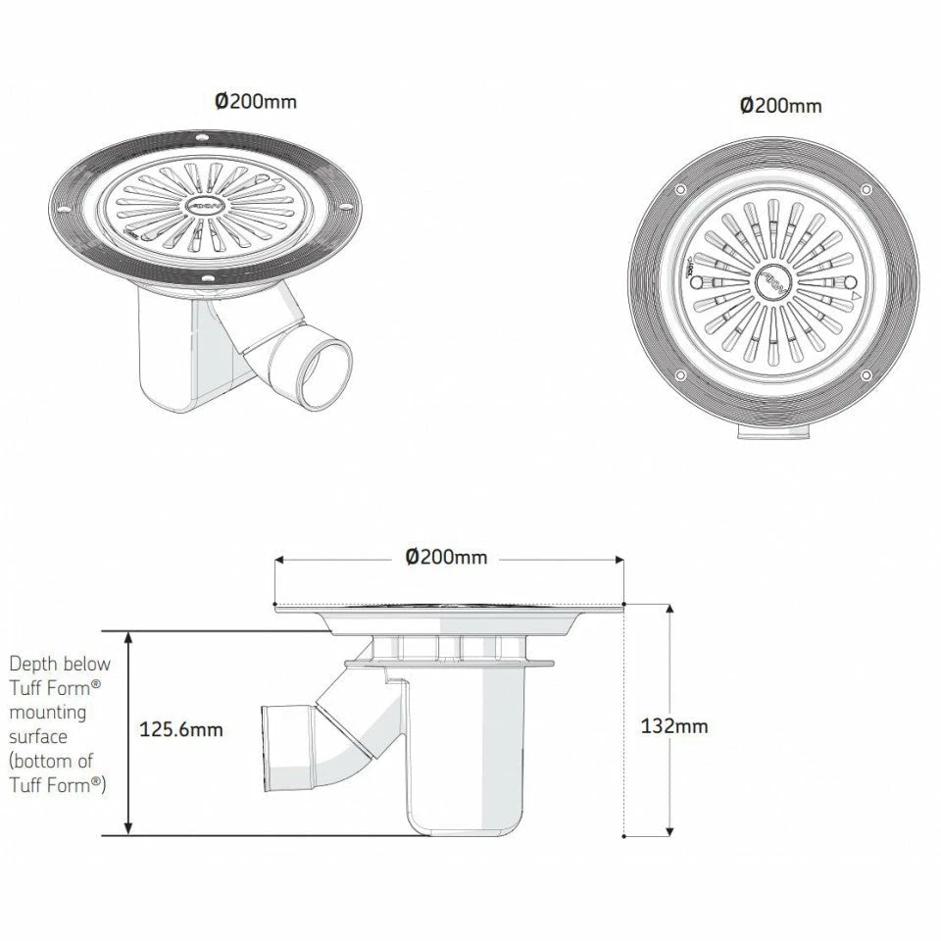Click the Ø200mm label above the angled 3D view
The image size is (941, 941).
tap(256, 101)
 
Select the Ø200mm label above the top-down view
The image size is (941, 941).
tap(780, 105)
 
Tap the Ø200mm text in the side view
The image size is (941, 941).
tap(446, 557)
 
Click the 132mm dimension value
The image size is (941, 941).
tap(673, 726)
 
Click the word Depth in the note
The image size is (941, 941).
tap(32, 665)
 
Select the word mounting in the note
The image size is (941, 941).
tap(47, 712)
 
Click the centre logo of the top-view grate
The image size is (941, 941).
tap(773, 284)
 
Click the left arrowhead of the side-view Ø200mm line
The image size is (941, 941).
tap(279, 560)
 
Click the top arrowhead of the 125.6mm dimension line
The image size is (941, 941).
tap(128, 636)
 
